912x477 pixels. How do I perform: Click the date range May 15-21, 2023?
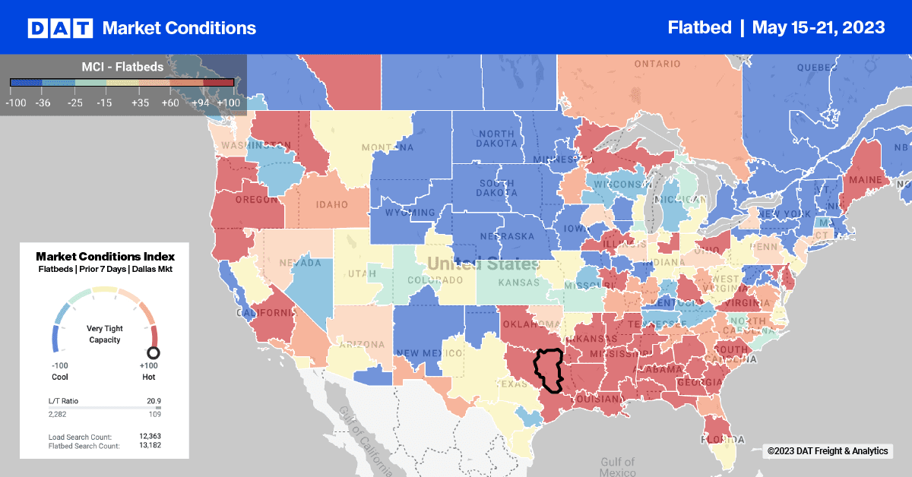click(818, 27)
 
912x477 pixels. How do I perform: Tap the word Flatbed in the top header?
click(698, 27)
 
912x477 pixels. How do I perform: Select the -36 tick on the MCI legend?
click(43, 103)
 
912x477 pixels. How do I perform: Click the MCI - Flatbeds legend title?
click(122, 67)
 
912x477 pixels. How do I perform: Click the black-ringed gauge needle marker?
click(153, 353)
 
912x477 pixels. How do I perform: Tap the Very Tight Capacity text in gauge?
click(104, 334)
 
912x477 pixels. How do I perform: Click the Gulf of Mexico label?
click(616, 466)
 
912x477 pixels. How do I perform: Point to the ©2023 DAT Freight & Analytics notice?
click(827, 451)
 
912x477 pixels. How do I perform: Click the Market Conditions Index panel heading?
click(105, 256)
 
